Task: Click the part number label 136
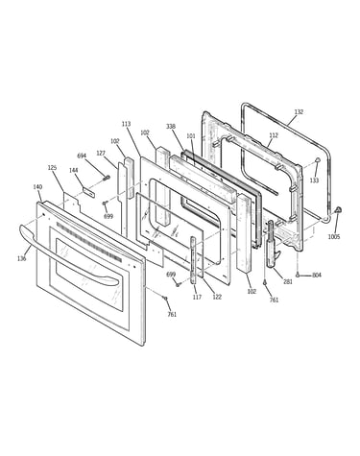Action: click(x=22, y=258)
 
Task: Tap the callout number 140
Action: click(x=37, y=187)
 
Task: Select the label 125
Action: click(x=52, y=168)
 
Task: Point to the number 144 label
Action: click(x=74, y=170)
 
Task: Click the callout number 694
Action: click(x=82, y=156)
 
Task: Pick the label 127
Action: click(x=101, y=154)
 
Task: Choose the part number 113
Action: click(x=127, y=124)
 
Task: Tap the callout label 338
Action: click(x=171, y=127)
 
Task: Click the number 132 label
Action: click(x=299, y=112)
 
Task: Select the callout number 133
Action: click(x=314, y=180)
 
